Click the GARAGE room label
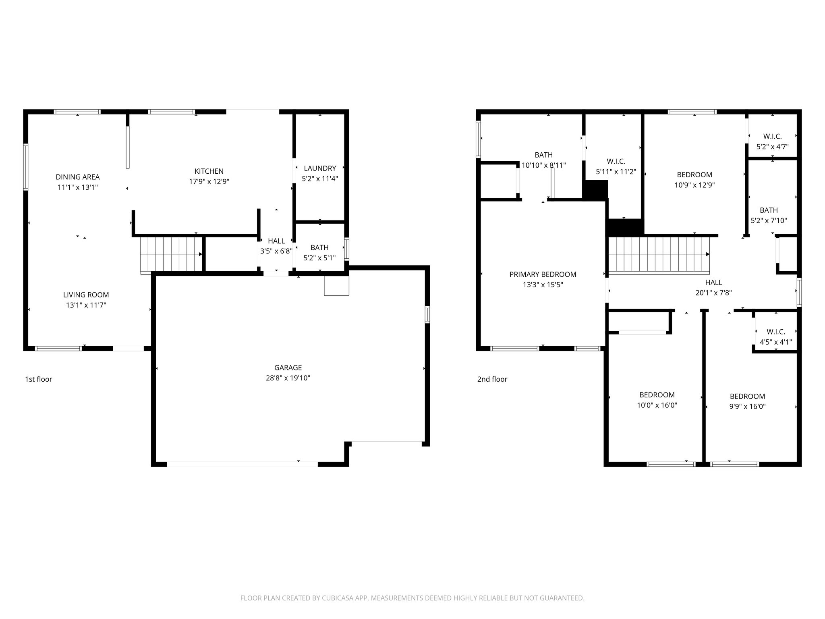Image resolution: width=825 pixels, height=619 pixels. (x=288, y=368)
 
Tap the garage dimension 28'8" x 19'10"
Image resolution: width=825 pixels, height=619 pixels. (x=288, y=378)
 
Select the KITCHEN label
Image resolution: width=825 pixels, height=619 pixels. (x=209, y=171)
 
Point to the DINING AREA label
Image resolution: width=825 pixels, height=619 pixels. (x=77, y=177)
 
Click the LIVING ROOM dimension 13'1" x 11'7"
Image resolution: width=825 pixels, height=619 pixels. (x=86, y=305)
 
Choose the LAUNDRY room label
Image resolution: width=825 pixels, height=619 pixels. (x=320, y=168)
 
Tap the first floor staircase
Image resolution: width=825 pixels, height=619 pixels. (x=171, y=254)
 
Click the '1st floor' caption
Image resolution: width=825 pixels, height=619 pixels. (x=39, y=379)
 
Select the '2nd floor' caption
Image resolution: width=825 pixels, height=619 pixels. (x=492, y=379)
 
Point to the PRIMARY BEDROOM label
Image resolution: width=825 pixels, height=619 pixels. (x=543, y=274)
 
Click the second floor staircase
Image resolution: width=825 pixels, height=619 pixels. (x=658, y=254)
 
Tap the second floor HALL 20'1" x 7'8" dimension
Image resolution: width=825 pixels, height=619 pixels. (x=713, y=293)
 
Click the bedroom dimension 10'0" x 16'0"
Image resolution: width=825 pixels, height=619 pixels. (x=657, y=405)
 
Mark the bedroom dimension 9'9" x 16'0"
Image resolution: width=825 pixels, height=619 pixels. (x=747, y=407)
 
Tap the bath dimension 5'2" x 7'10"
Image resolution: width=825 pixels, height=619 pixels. (x=769, y=221)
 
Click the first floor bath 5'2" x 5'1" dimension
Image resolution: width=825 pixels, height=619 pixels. (x=319, y=258)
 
